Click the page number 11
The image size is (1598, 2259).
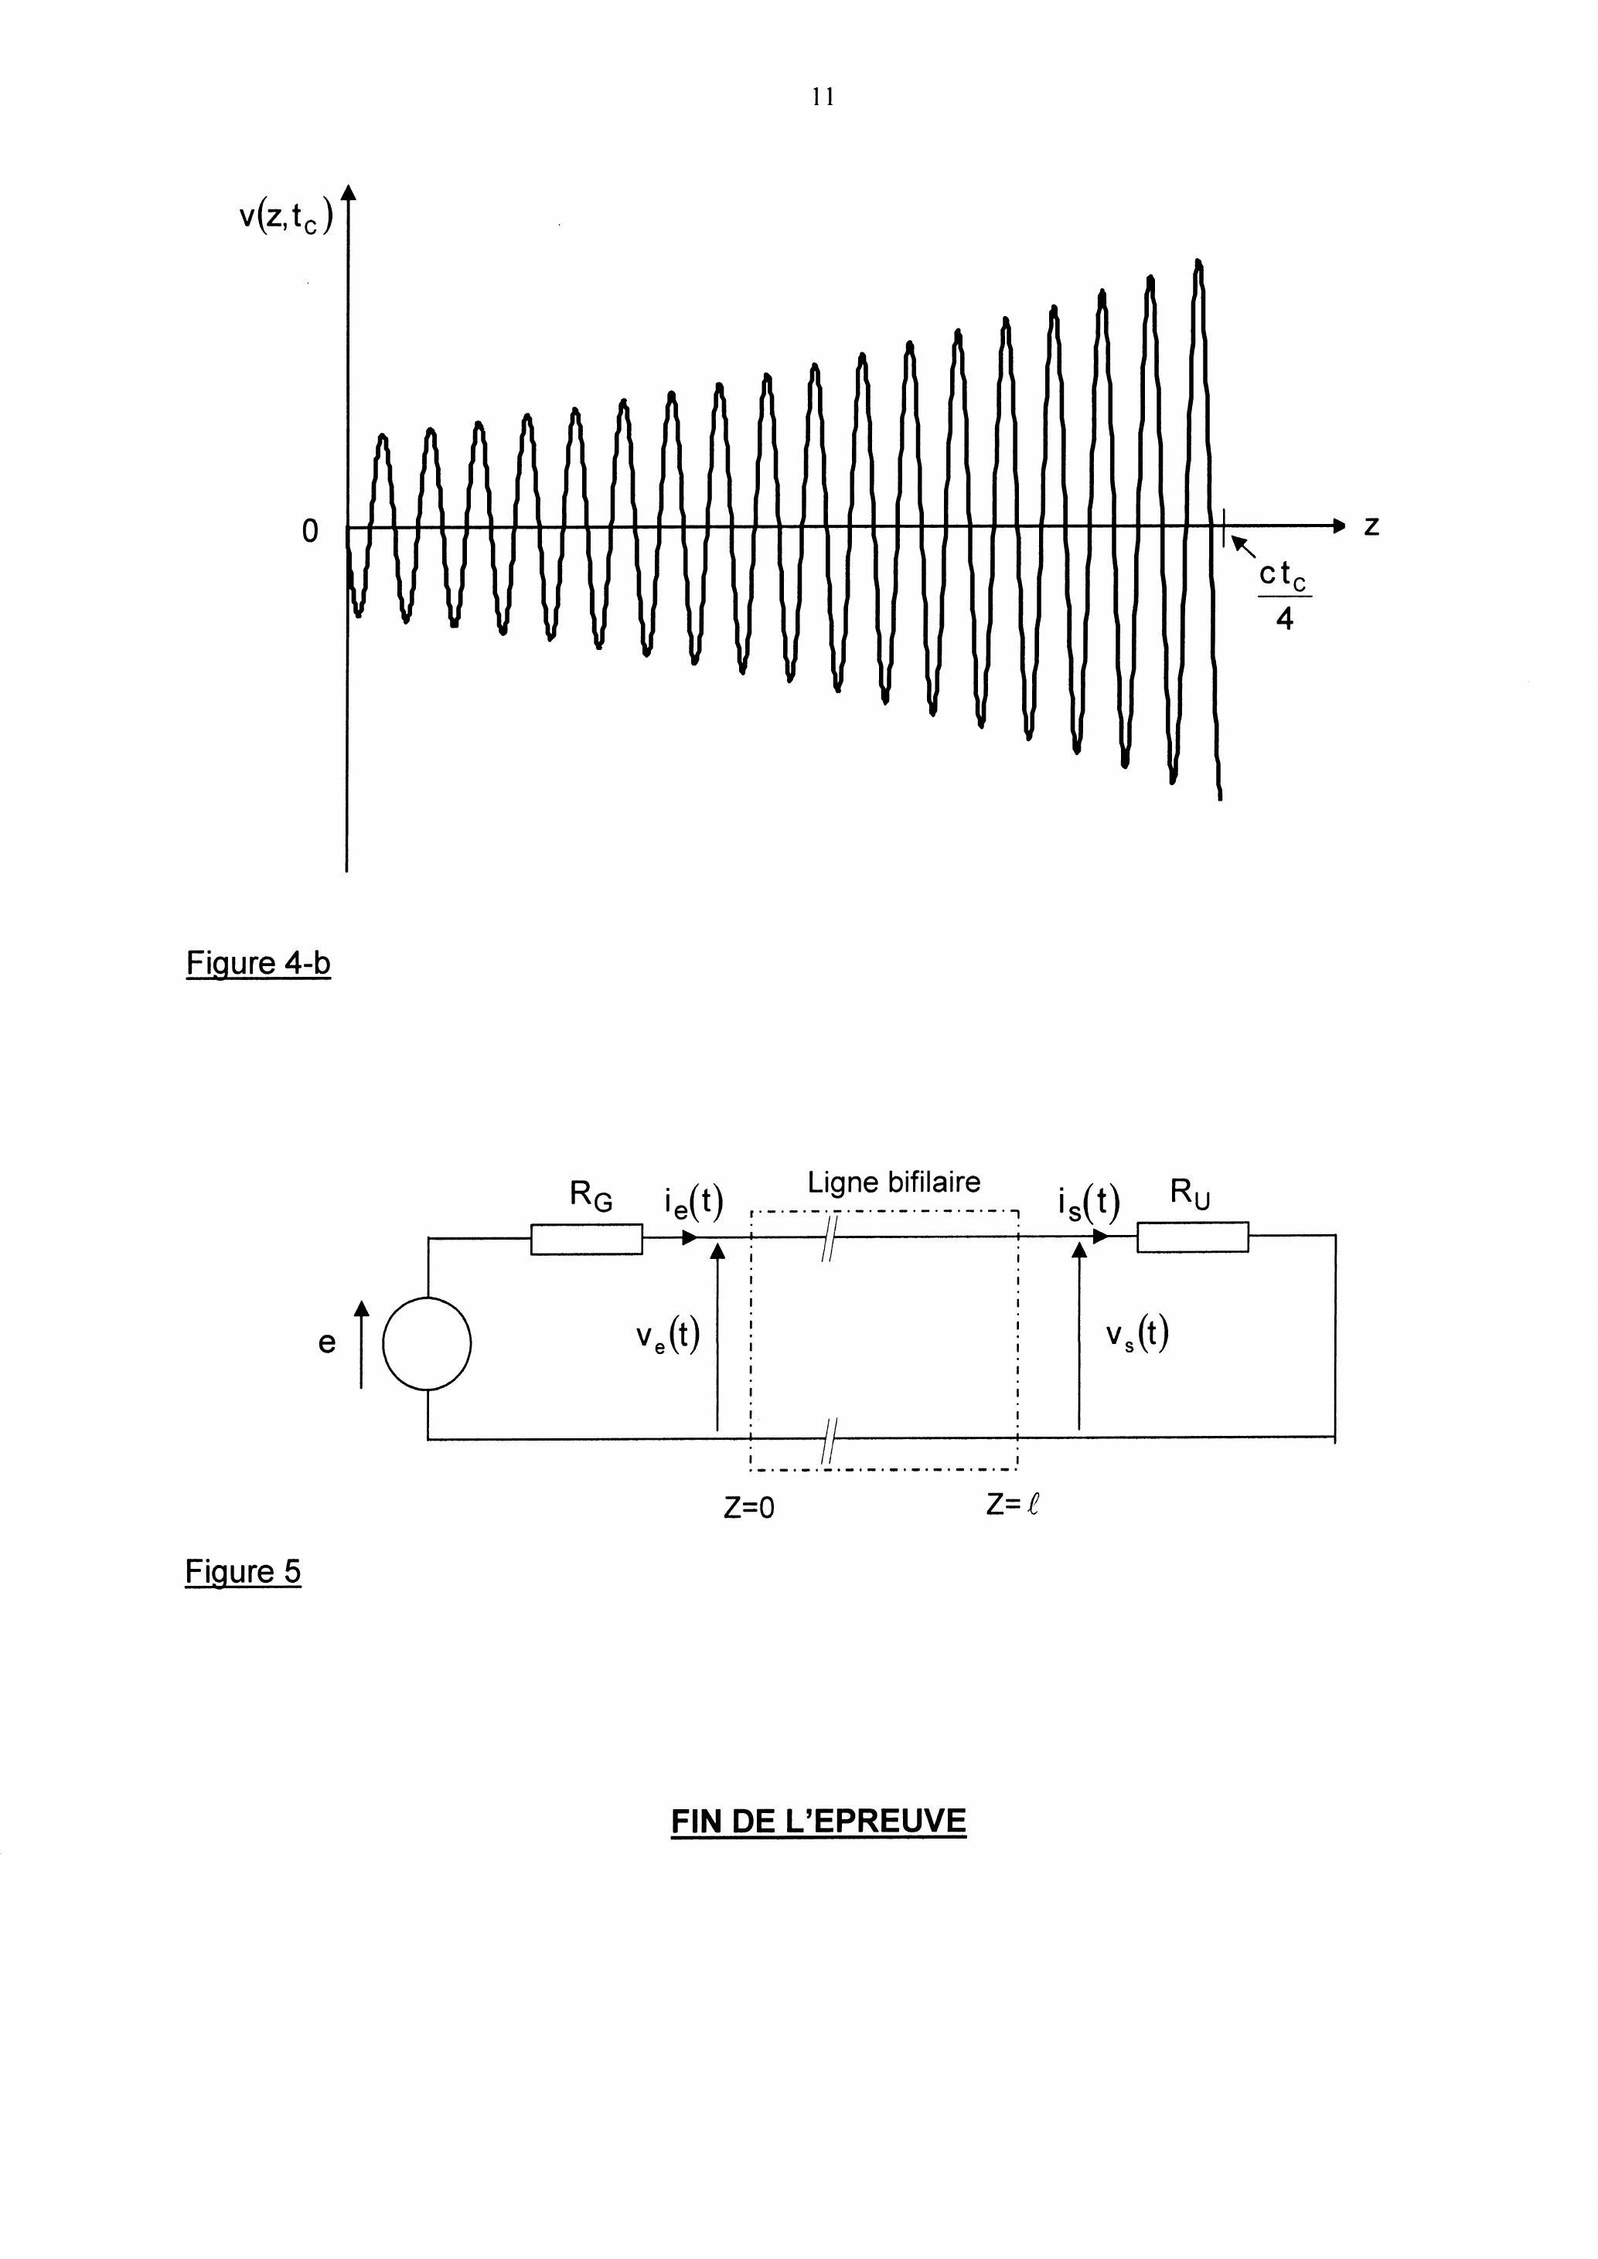point(823,97)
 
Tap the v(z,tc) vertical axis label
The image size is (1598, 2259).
point(286,215)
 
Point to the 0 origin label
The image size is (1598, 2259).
point(310,531)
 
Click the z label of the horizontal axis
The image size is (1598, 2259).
point(1371,526)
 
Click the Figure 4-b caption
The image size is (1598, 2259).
point(257,962)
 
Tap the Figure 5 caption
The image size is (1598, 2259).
point(243,1571)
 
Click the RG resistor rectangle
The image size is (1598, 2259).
point(587,1239)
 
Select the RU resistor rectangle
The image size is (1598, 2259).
point(1193,1237)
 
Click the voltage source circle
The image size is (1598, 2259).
point(427,1343)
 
